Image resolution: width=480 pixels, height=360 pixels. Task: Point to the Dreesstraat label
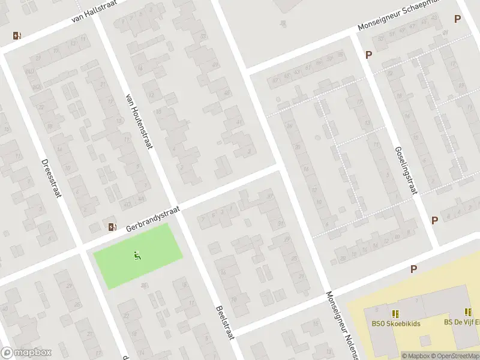(52, 179)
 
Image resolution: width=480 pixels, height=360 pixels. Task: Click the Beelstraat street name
(224, 322)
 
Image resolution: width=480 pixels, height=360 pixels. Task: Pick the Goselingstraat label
(406, 171)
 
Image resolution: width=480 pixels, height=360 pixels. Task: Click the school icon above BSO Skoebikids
(395, 313)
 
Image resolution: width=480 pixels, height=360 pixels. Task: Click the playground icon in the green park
(137, 256)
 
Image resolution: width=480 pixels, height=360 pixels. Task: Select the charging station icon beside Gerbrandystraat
(112, 226)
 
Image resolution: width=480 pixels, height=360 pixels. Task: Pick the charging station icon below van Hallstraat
(17, 35)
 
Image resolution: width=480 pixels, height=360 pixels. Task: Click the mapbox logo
(25, 353)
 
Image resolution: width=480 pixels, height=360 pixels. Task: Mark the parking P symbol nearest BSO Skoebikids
(413, 269)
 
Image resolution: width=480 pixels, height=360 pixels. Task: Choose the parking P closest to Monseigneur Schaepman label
(457, 19)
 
